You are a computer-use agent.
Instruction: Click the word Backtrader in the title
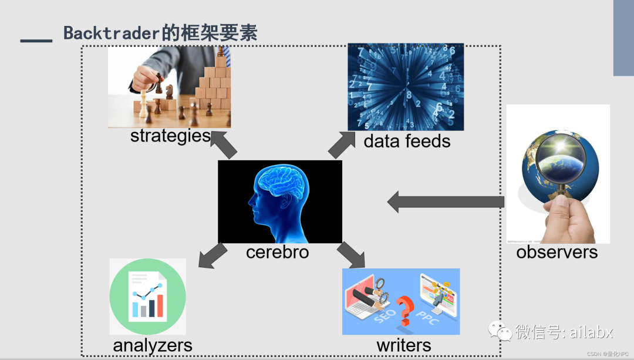pos(112,33)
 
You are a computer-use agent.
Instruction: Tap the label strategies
pos(170,136)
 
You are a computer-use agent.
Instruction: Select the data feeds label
pos(407,141)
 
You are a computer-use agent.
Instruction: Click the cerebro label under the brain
pos(277,252)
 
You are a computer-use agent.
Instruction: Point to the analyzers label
pos(153,345)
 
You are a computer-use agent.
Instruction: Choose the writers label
pos(404,345)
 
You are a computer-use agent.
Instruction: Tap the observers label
pos(557,253)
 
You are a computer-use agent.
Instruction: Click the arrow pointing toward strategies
pos(223,144)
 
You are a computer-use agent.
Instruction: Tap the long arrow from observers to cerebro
pos(446,202)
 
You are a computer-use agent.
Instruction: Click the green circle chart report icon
pos(148,297)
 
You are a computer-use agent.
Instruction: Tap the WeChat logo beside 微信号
pos(504,332)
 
